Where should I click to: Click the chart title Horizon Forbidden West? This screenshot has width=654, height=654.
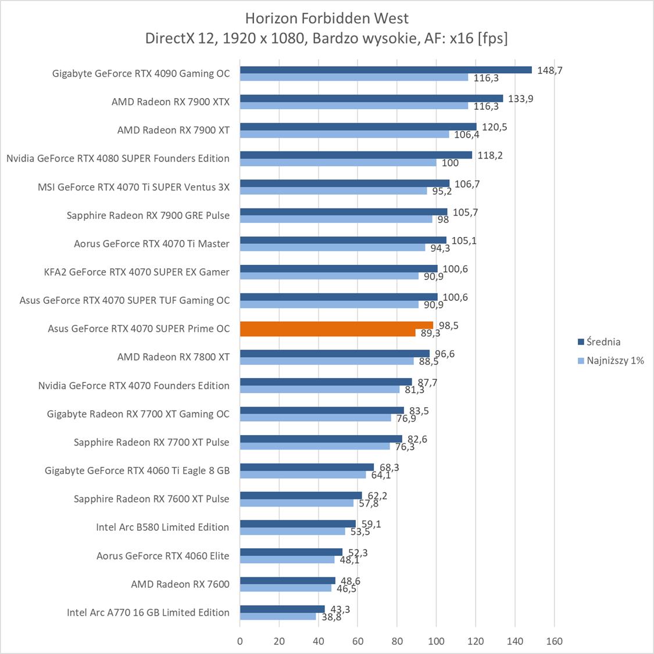[x=327, y=18]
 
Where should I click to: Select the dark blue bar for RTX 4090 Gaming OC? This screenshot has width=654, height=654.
[x=385, y=70]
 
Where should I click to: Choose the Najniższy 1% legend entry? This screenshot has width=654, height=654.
[x=610, y=360]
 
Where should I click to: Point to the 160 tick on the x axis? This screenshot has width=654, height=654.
[x=554, y=641]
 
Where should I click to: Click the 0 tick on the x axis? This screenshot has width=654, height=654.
[x=240, y=641]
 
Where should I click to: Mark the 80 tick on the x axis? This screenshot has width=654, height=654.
[x=397, y=641]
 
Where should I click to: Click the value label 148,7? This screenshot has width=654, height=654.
[x=550, y=70]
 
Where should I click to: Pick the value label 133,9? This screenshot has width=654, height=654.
[x=520, y=99]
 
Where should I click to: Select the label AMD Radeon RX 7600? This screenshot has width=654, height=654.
[x=180, y=584]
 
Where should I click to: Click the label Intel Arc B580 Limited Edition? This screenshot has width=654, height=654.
[x=163, y=527]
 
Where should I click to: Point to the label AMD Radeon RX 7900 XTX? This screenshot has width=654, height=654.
[x=170, y=102]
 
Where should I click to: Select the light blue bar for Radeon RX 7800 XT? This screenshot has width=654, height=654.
[x=327, y=361]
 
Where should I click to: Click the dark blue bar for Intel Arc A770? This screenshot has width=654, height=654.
[x=282, y=609]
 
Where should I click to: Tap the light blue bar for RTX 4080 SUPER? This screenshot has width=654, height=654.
[x=338, y=163]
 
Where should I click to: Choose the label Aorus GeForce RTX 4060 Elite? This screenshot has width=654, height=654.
[x=163, y=555]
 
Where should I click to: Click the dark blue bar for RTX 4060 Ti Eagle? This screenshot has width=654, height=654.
[x=307, y=467]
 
